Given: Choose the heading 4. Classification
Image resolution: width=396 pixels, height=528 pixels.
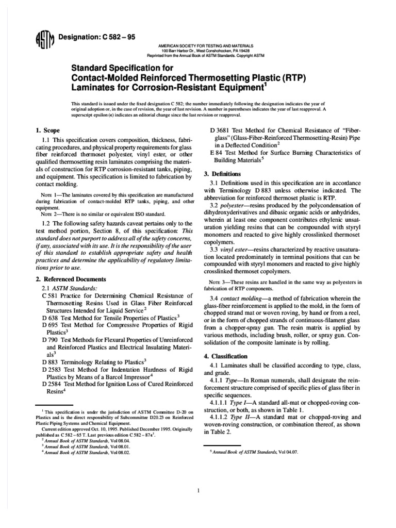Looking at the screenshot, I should [230, 356].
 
